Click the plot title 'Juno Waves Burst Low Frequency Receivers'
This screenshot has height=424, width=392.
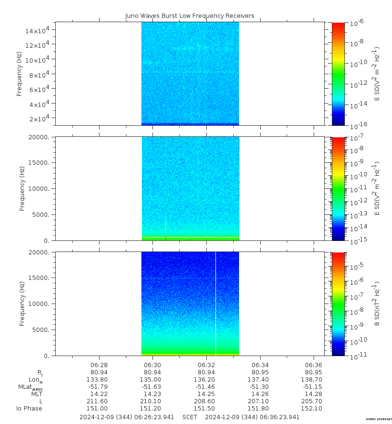(190, 16)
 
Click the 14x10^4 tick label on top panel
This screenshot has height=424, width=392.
(40, 30)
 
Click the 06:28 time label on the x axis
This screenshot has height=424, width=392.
(99, 365)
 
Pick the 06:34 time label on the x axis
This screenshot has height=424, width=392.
(260, 365)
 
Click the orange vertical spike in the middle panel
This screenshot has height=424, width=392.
(165, 202)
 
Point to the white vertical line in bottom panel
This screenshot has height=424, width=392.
(215, 304)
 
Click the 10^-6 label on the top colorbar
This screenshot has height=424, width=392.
(356, 23)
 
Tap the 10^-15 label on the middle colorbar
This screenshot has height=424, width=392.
(356, 239)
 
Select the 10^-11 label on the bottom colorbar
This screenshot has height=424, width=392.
(356, 355)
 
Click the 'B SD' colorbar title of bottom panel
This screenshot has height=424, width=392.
(378, 304)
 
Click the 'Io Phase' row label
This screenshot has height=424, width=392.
(29, 409)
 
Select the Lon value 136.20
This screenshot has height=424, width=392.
(206, 380)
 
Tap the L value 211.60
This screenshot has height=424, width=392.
(99, 401)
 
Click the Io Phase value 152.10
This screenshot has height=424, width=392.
(313, 409)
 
